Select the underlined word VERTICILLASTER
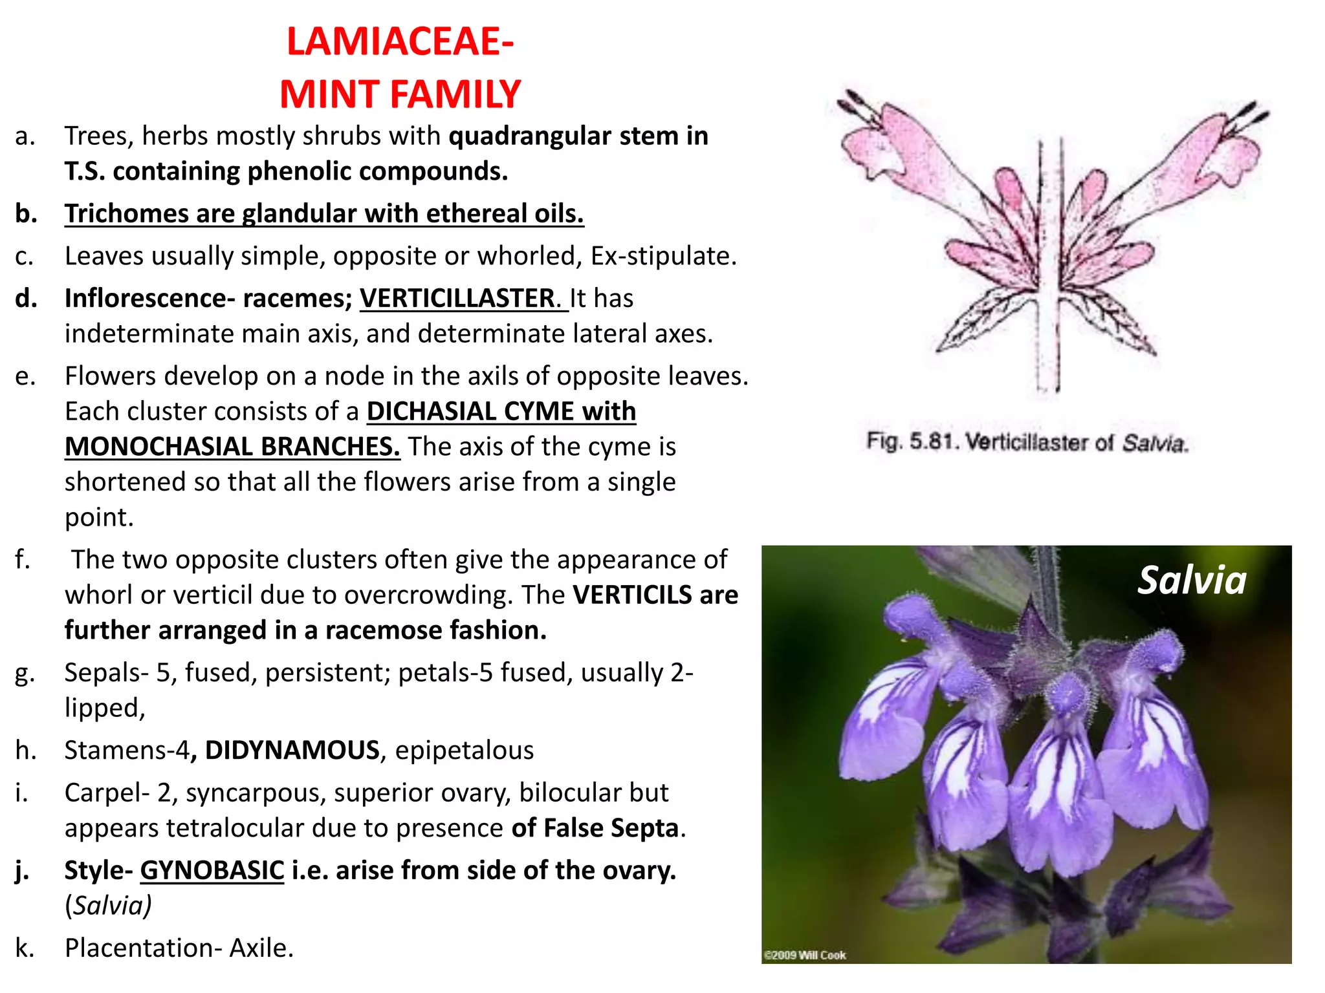(x=457, y=298)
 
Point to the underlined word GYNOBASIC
(x=212, y=870)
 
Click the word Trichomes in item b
(x=126, y=213)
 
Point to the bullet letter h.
(x=25, y=750)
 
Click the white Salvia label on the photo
(x=1192, y=580)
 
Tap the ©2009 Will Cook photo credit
(x=805, y=955)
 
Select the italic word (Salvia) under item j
(x=108, y=906)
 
